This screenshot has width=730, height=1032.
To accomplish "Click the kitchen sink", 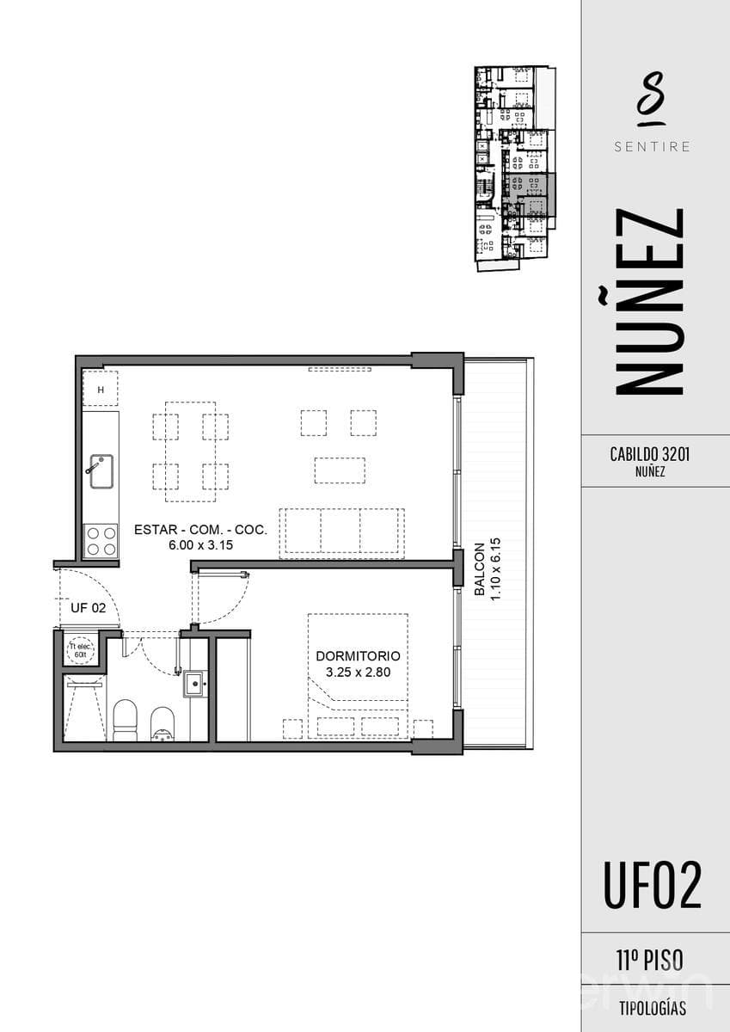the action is pos(101,471).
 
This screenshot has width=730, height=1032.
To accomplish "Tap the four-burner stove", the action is pos(101,541).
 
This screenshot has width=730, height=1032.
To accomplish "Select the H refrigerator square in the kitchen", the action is pos(101,389).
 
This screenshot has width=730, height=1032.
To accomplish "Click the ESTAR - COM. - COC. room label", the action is pos(200,530).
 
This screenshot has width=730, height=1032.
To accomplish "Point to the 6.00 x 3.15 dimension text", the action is pos(201,545).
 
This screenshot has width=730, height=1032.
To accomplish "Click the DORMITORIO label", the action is pos(358,656).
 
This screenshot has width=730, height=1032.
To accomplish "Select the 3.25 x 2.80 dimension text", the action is pos(358,673).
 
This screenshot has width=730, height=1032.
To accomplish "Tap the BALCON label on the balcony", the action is pos(480,569).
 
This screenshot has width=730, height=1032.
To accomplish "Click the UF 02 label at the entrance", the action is pos(88,608).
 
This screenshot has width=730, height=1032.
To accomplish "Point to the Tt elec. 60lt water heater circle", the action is pos(81,650).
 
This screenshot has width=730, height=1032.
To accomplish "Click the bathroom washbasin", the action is pos(195,685).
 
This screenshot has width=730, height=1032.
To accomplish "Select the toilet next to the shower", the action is pos(126,720).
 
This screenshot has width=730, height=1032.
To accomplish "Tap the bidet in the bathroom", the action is pos(163,724).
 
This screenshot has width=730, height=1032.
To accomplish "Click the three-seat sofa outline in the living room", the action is pos(341,533).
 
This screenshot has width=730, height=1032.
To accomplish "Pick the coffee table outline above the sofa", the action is pos(340,470).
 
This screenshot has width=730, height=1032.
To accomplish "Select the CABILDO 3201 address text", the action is pos(650,454).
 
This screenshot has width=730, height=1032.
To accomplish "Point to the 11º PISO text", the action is pos(650,960).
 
